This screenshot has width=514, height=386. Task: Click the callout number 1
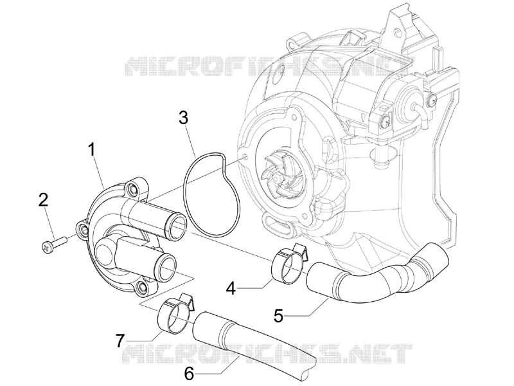[x=92, y=149]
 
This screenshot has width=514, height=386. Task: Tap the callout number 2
[x=43, y=200]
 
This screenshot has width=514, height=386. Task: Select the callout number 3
[x=184, y=118]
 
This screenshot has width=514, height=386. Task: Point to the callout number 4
[x=231, y=288]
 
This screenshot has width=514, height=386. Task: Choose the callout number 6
[x=189, y=372]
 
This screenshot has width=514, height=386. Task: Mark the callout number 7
[x=120, y=340]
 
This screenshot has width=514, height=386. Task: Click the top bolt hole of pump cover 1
[x=133, y=188]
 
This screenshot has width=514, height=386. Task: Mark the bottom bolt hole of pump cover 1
[x=141, y=286]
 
